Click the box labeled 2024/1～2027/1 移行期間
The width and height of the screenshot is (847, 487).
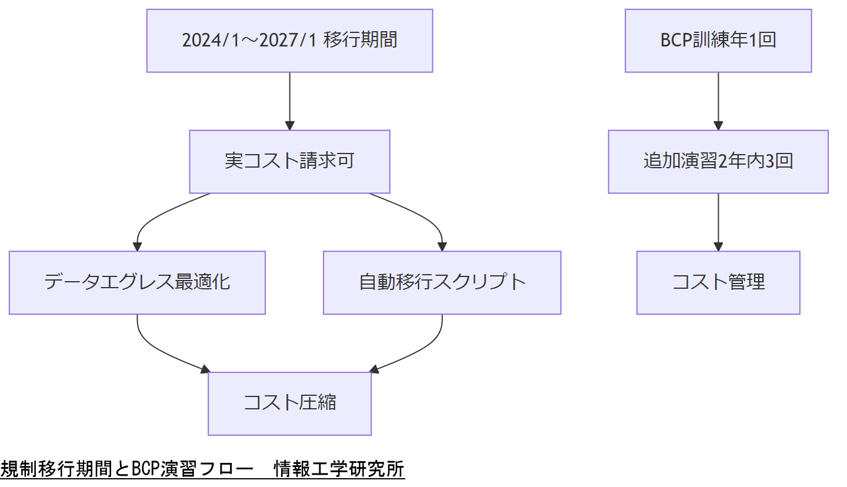click(x=289, y=41)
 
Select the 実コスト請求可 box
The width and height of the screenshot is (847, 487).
click(x=289, y=162)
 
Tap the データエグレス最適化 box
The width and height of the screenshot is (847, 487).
click(x=137, y=283)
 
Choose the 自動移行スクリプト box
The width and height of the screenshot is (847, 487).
click(x=442, y=283)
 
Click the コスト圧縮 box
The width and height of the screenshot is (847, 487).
click(x=289, y=404)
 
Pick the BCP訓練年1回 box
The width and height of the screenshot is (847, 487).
click(x=718, y=41)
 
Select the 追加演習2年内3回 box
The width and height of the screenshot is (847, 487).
click(x=718, y=162)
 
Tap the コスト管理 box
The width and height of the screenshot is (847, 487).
click(x=718, y=283)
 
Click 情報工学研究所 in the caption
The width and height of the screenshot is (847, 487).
click(x=339, y=469)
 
